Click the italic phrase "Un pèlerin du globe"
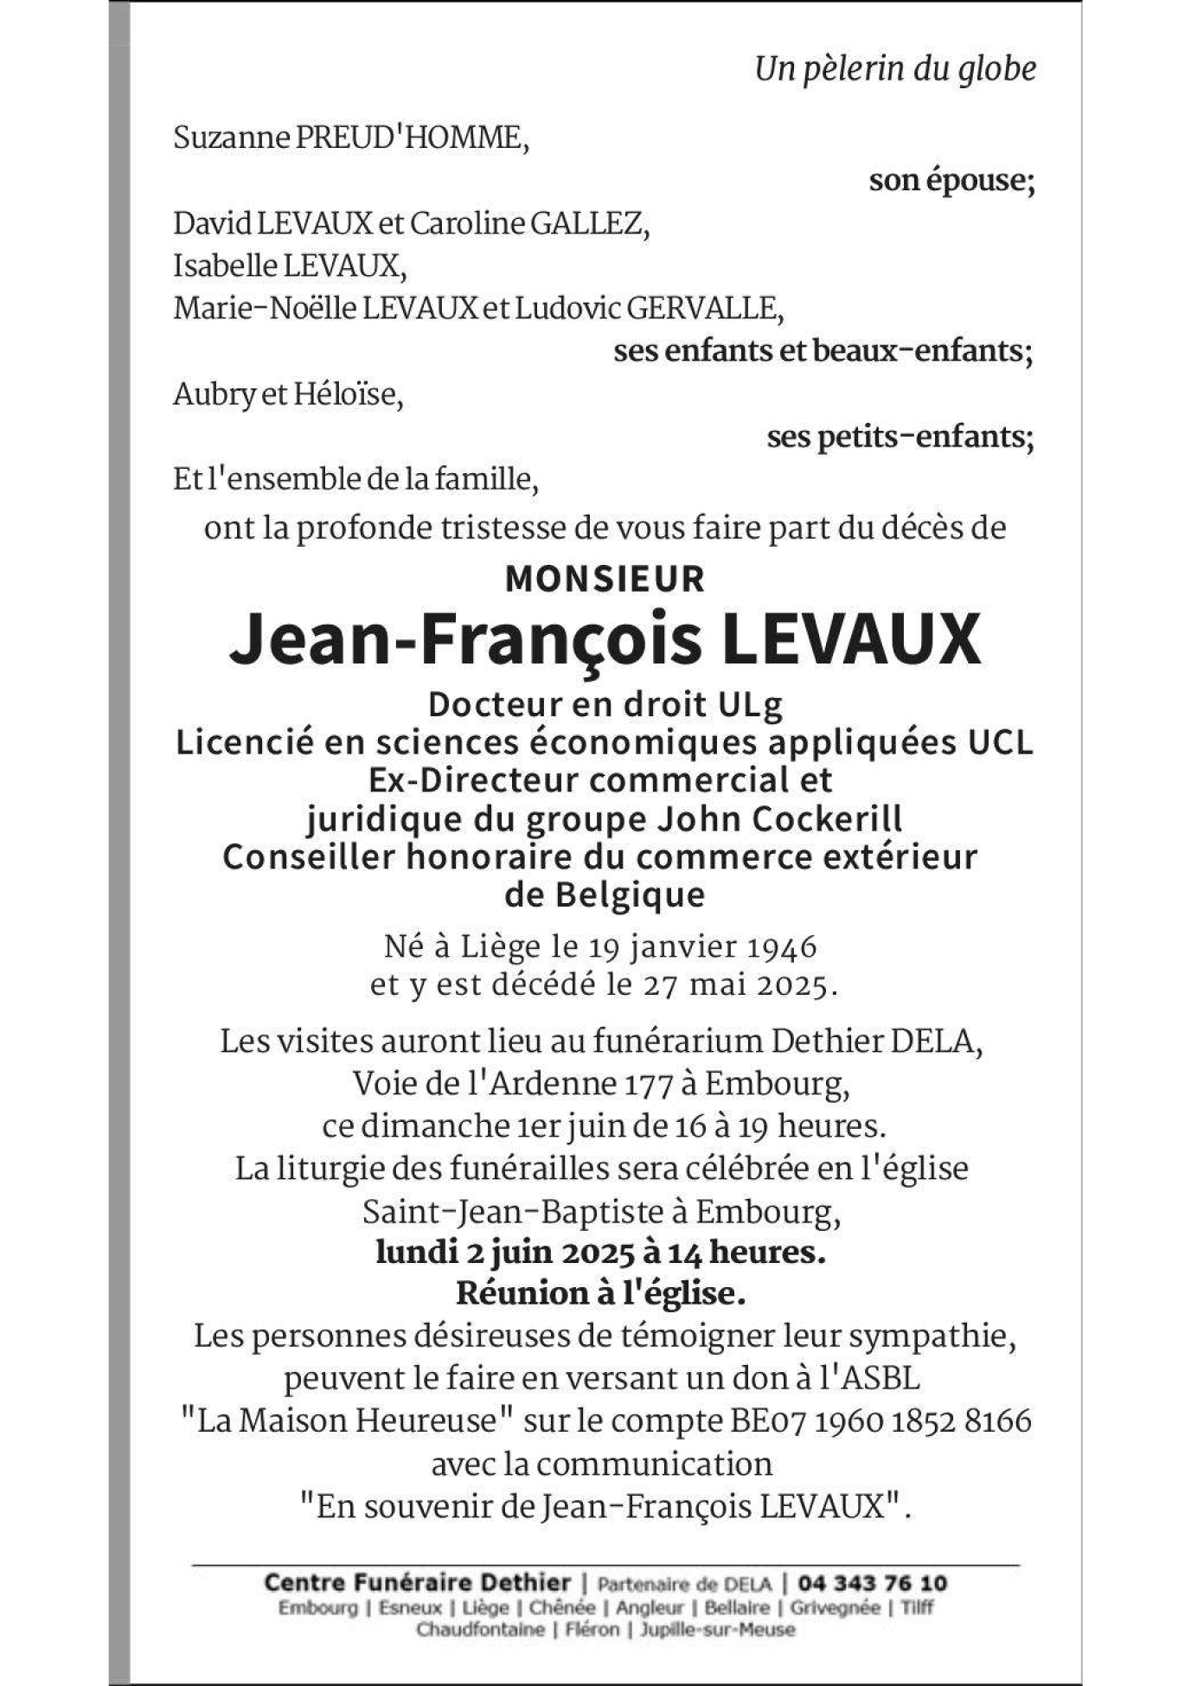[x=894, y=69]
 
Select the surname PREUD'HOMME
[x=412, y=138]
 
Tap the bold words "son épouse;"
[x=951, y=181]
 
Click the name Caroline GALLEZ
[x=528, y=224]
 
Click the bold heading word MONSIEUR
[x=605, y=580]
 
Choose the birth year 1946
[x=781, y=946]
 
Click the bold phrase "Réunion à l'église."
[x=600, y=1293]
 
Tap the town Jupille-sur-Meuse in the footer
[x=717, y=1630]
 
